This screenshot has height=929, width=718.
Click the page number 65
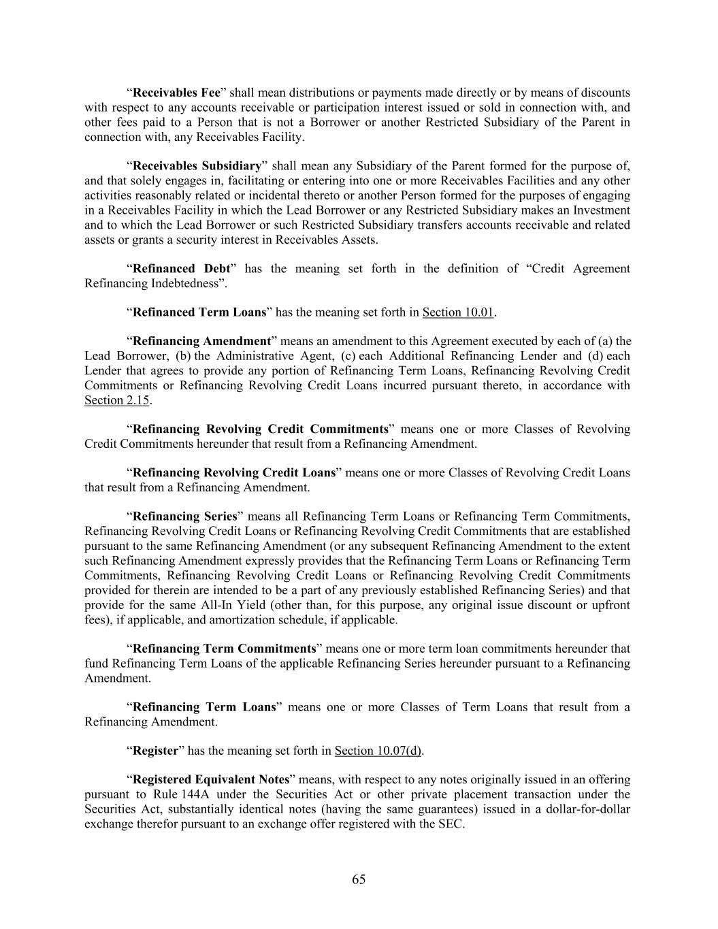click(x=359, y=879)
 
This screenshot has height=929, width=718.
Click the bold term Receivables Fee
click(x=176, y=93)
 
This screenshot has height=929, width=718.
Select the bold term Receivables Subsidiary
click(x=197, y=166)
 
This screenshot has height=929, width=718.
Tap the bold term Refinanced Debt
click(x=180, y=269)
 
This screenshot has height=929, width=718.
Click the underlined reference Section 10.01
click(x=458, y=312)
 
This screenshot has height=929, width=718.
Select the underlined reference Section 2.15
click(x=116, y=400)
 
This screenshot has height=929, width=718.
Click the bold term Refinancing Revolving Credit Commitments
click(x=260, y=429)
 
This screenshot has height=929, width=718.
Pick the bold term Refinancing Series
click(x=184, y=517)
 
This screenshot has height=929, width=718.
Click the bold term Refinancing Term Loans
click(x=203, y=707)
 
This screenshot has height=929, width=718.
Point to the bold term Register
click(x=155, y=751)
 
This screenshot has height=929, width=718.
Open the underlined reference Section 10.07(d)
click(x=378, y=751)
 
